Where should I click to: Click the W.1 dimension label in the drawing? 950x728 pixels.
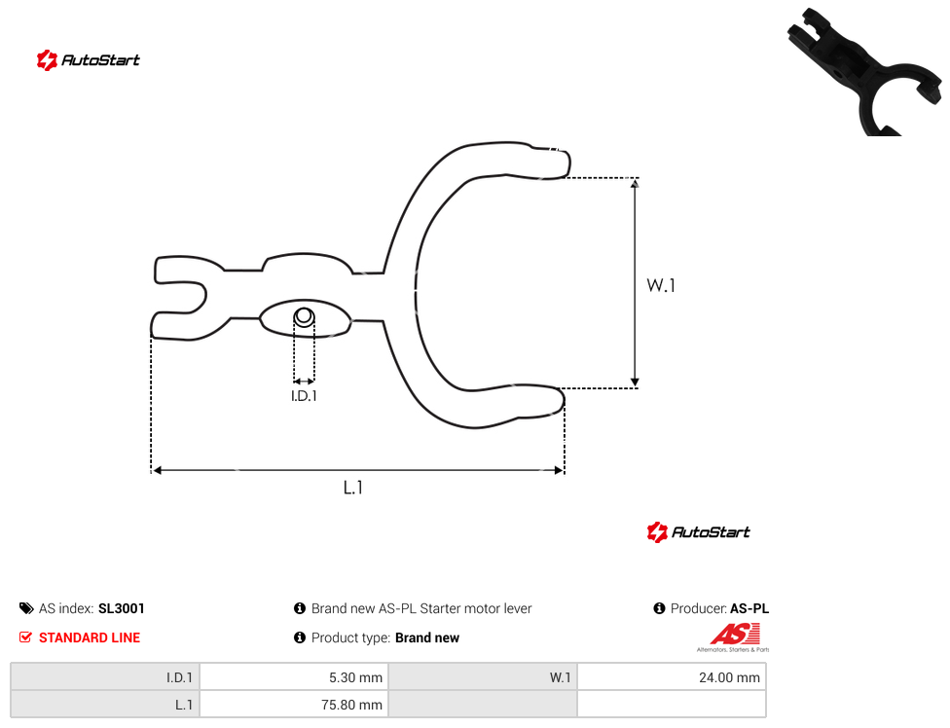point(660,284)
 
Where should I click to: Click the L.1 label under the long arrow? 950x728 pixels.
point(352,487)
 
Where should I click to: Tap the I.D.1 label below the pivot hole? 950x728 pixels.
point(304,395)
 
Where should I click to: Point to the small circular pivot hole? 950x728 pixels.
point(304,316)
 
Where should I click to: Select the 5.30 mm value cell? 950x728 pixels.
point(295,677)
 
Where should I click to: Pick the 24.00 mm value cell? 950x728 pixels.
point(672,677)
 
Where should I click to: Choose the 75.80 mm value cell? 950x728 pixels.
point(295,705)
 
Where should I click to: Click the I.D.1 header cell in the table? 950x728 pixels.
point(105,677)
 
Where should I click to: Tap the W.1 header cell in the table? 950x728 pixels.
point(483,677)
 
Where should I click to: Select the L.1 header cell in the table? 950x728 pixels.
point(105,705)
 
